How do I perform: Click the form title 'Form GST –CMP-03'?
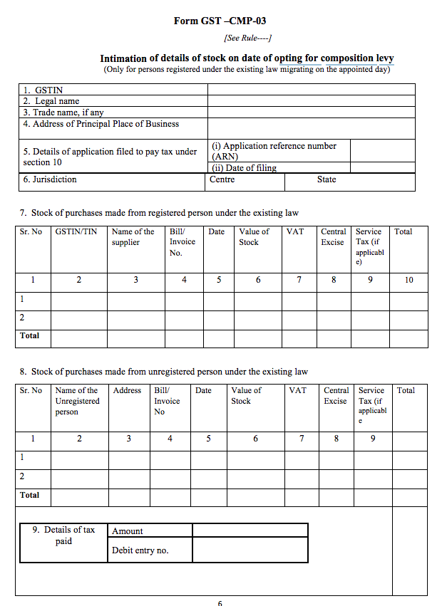click(220, 21)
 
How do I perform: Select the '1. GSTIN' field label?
click(44, 90)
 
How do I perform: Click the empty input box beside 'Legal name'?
click(311, 101)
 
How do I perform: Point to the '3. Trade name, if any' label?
click(63, 113)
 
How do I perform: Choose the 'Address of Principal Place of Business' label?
click(101, 124)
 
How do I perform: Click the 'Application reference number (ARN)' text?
click(274, 150)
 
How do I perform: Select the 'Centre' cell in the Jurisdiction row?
click(222, 179)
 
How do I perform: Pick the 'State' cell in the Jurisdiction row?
click(327, 179)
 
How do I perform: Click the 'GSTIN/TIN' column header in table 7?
click(76, 232)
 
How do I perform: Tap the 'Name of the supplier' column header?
click(133, 237)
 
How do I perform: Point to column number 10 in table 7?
click(409, 280)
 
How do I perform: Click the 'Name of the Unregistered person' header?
click(77, 401)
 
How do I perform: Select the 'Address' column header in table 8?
click(127, 391)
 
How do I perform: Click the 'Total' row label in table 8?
click(30, 495)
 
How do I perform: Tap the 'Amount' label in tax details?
click(128, 531)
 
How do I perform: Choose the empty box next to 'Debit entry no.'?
click(250, 550)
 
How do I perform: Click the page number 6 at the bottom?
click(220, 602)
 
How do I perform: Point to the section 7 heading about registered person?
click(159, 213)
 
